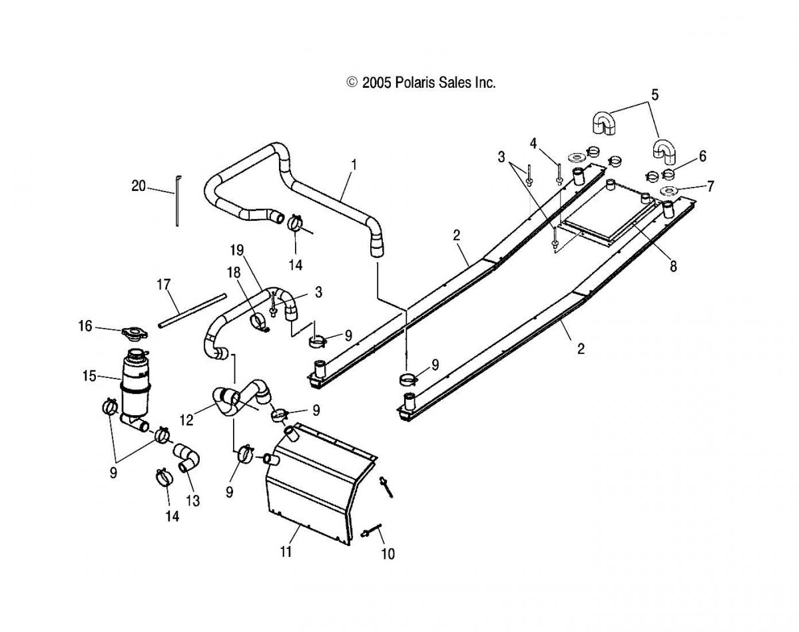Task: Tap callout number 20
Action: pyautogui.click(x=138, y=186)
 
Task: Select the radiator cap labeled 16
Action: pyautogui.click(x=134, y=332)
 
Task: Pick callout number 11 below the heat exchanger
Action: pyautogui.click(x=286, y=552)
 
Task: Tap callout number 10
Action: pyautogui.click(x=388, y=554)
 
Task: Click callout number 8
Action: pyautogui.click(x=673, y=266)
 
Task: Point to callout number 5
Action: pyautogui.click(x=655, y=95)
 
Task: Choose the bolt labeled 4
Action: pyautogui.click(x=559, y=174)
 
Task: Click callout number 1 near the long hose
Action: pyautogui.click(x=354, y=164)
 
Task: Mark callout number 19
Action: pyautogui.click(x=236, y=249)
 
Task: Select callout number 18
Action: pyautogui.click(x=234, y=272)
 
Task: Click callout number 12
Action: pyautogui.click(x=186, y=420)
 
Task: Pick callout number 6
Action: pyautogui.click(x=702, y=156)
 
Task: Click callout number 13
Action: pyautogui.click(x=193, y=501)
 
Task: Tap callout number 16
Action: pyautogui.click(x=85, y=326)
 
